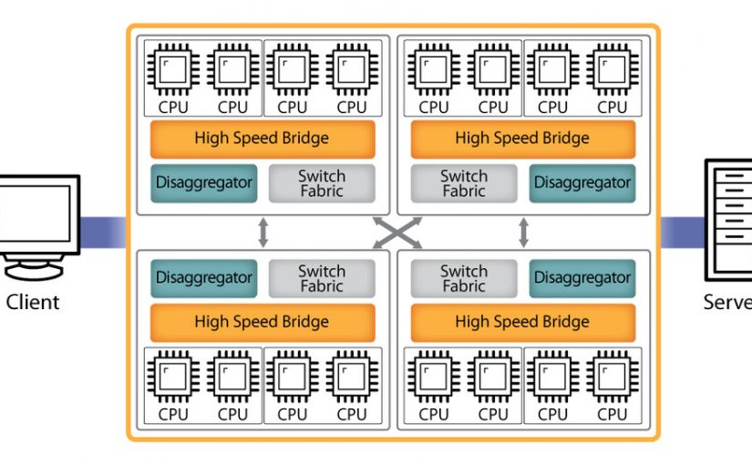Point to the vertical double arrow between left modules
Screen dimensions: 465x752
pos(263,232)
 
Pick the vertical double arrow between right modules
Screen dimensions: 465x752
pos(523,232)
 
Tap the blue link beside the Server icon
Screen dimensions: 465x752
pos(681,232)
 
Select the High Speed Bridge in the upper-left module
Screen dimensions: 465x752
pos(262,139)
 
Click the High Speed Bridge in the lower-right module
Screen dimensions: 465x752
pos(522,322)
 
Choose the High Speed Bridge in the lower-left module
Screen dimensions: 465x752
pos(262,322)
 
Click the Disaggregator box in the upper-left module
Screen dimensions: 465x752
pos(204,182)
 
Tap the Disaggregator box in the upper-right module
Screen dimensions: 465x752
pos(582,182)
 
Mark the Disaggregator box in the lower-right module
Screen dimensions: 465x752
pos(582,277)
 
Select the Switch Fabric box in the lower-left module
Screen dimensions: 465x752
pos(321,278)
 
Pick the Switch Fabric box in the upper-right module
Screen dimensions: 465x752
pos(464,183)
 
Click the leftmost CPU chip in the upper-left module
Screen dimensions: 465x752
pos(173,69)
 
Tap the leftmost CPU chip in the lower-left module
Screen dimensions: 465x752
pos(173,377)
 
